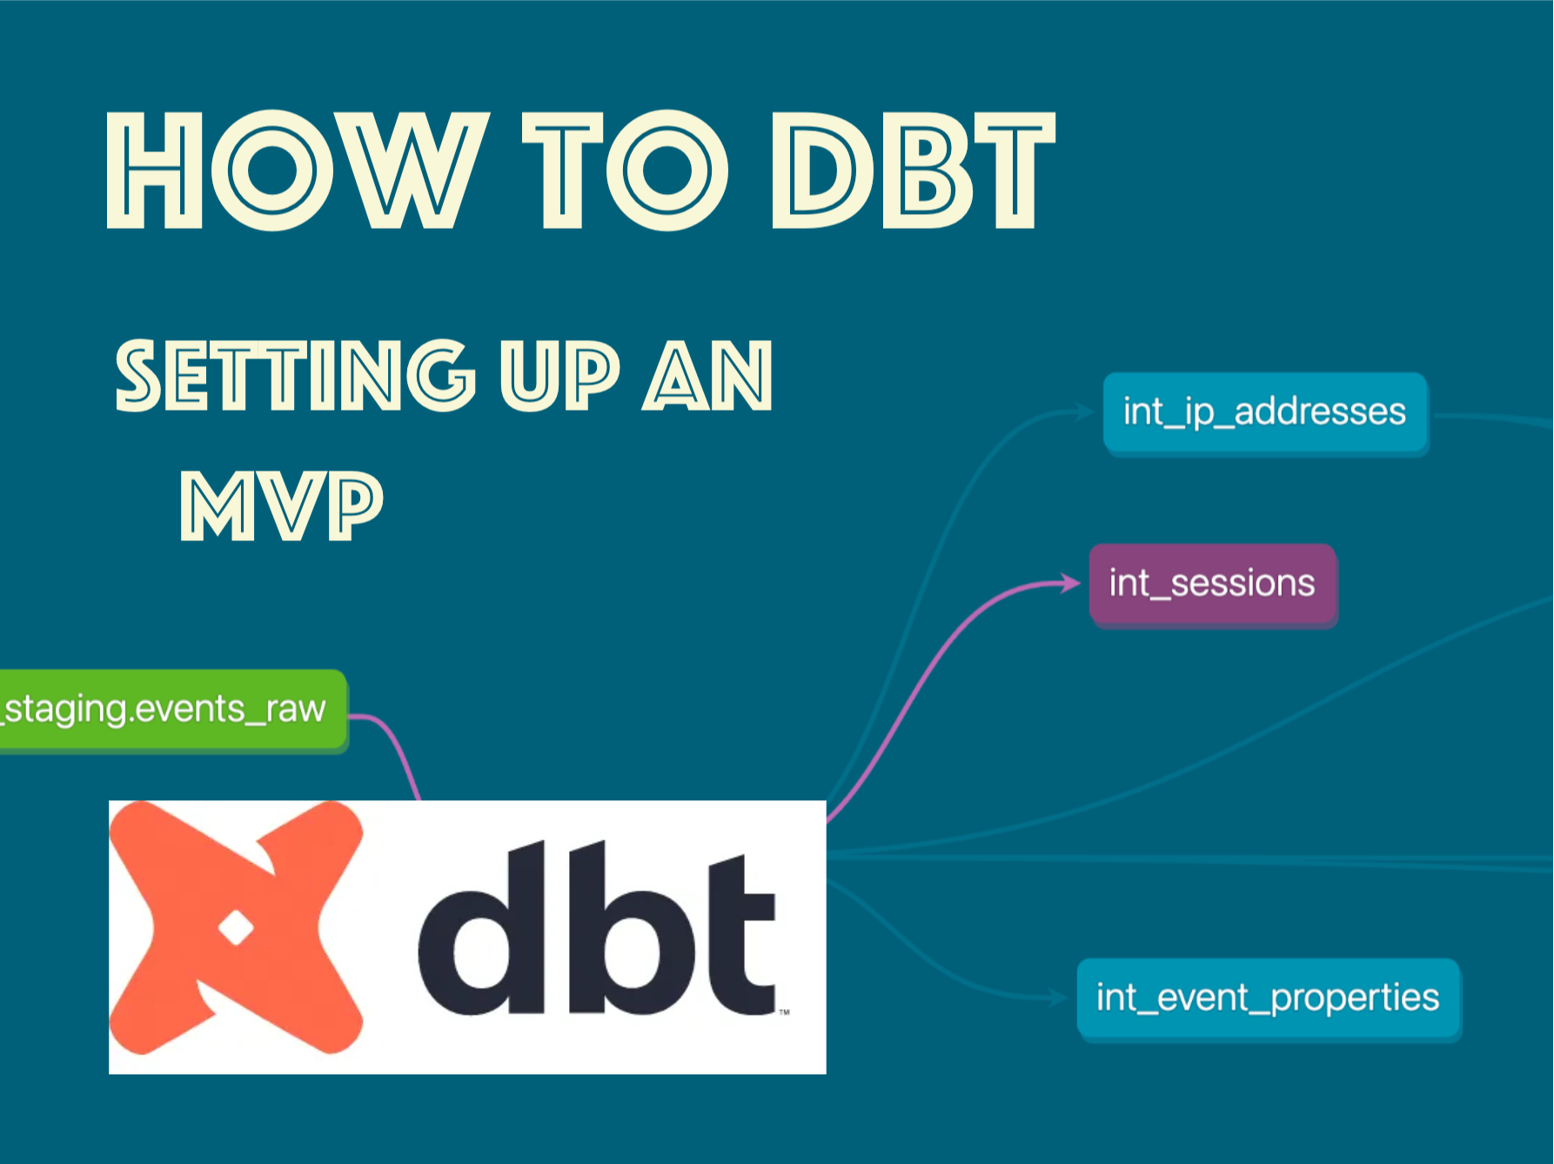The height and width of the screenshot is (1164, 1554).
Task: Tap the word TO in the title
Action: pyautogui.click(x=625, y=171)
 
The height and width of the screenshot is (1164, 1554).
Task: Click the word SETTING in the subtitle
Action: pyautogui.click(x=296, y=375)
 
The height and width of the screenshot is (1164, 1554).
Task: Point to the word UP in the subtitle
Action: pyautogui.click(x=559, y=375)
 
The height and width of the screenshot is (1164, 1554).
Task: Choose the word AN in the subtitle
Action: pyautogui.click(x=707, y=375)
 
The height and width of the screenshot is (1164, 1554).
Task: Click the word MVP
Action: pyautogui.click(x=281, y=505)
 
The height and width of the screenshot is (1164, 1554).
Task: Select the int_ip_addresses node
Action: pyautogui.click(x=1265, y=412)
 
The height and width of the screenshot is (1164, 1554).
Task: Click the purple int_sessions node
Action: pyautogui.click(x=1213, y=584)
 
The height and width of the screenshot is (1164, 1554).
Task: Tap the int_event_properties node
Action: pyautogui.click(x=1269, y=998)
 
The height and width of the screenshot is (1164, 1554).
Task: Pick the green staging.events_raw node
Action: pyautogui.click(x=173, y=710)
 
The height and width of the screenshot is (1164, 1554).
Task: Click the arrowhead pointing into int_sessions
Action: pyautogui.click(x=1072, y=583)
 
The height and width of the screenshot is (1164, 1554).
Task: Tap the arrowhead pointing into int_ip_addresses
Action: pyautogui.click(x=1085, y=411)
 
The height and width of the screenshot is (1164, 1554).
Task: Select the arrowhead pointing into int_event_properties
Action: pyautogui.click(x=1059, y=998)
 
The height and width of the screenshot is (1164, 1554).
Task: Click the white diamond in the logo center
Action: pyautogui.click(x=236, y=928)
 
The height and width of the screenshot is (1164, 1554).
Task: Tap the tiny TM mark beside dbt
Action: pyautogui.click(x=784, y=1012)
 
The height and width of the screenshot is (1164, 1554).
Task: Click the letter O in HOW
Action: pyautogui.click(x=272, y=171)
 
